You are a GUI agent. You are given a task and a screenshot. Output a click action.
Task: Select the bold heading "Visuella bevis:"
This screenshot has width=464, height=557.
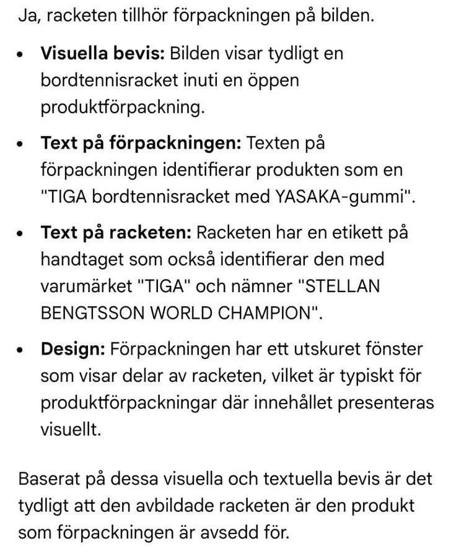point(102,53)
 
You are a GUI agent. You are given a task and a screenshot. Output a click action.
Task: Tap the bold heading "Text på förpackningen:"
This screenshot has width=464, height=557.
point(140,144)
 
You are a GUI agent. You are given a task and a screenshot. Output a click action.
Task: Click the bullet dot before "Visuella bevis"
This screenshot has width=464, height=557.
point(22,54)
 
